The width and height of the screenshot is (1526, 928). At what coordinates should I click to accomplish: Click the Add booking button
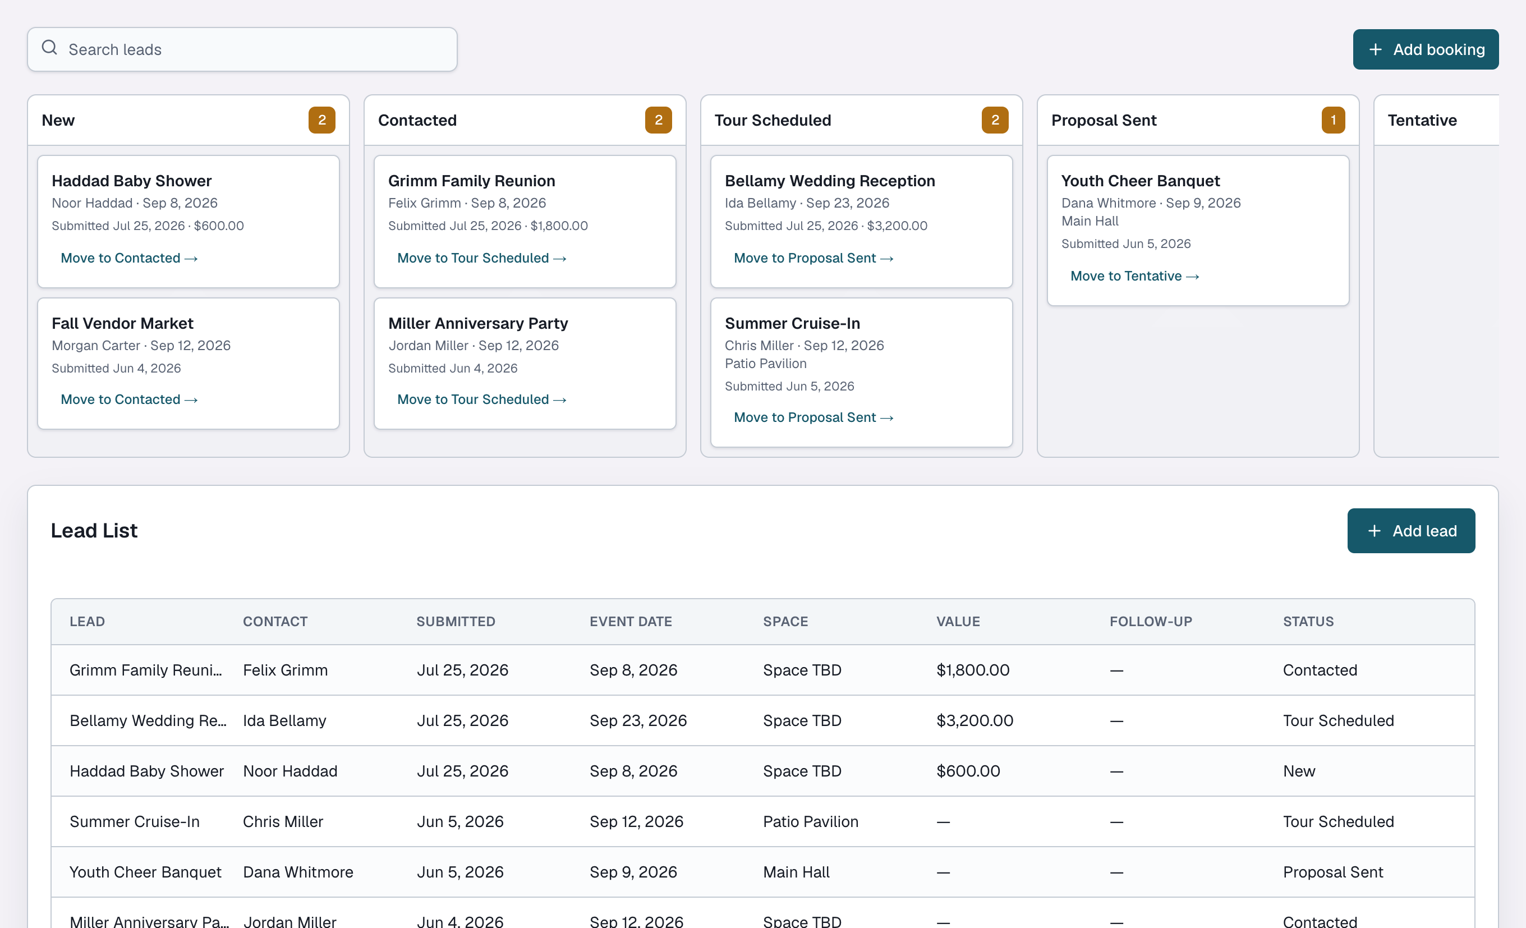click(1425, 49)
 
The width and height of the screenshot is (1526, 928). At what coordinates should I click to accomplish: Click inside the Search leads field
click(242, 49)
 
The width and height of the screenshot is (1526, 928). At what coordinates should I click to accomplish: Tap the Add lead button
click(1411, 531)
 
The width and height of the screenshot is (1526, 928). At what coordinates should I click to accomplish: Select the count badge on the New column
click(322, 120)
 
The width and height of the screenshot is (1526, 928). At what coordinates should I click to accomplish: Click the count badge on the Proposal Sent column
click(1334, 120)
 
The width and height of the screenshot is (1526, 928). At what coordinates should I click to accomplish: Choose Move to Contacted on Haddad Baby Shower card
click(129, 258)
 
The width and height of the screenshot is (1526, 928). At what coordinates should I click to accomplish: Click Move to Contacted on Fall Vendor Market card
click(129, 399)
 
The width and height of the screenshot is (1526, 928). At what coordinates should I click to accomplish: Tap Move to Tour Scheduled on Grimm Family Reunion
click(482, 258)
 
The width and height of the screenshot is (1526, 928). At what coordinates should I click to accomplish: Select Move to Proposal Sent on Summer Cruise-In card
click(813, 417)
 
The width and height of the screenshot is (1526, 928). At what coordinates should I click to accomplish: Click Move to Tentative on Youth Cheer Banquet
click(1134, 276)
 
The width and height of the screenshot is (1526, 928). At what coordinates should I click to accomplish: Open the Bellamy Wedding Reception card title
click(830, 181)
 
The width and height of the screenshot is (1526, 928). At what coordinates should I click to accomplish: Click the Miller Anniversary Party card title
click(478, 323)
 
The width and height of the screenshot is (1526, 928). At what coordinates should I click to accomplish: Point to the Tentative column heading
click(1422, 120)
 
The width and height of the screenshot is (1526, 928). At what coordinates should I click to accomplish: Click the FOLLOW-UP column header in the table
click(1151, 621)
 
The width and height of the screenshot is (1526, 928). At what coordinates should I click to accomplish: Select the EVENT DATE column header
click(631, 621)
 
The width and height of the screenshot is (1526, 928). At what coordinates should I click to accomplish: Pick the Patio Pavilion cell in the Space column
click(811, 821)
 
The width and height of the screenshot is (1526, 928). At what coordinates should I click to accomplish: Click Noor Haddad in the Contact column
click(290, 771)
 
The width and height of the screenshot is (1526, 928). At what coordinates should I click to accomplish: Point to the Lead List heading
click(94, 531)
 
